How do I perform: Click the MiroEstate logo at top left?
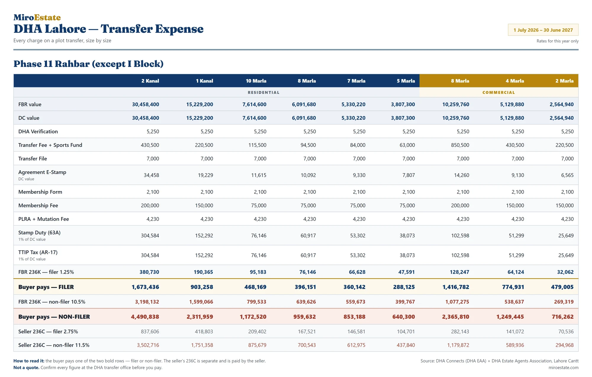tap(37, 17)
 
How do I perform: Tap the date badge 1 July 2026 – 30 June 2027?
tap(543, 30)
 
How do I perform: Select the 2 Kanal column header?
tap(150, 81)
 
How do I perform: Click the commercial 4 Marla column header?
tap(515, 81)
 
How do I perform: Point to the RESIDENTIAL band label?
tap(263, 92)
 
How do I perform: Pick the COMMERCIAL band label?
tap(499, 92)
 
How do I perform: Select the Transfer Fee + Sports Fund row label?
tap(50, 145)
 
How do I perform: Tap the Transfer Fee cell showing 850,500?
tap(460, 145)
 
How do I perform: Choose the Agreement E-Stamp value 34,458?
tap(151, 175)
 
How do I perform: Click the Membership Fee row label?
tap(38, 205)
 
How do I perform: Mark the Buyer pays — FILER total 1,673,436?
tap(145, 287)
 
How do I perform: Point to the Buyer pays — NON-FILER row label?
tap(54, 317)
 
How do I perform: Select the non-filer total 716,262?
tap(562, 317)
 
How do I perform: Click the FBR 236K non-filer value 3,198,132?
tap(147, 302)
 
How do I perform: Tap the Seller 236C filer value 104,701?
tap(406, 331)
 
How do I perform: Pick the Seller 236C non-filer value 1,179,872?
tap(458, 345)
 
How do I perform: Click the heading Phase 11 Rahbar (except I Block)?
tap(89, 64)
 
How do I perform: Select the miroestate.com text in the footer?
tap(563, 368)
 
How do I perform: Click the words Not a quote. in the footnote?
tap(26, 368)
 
